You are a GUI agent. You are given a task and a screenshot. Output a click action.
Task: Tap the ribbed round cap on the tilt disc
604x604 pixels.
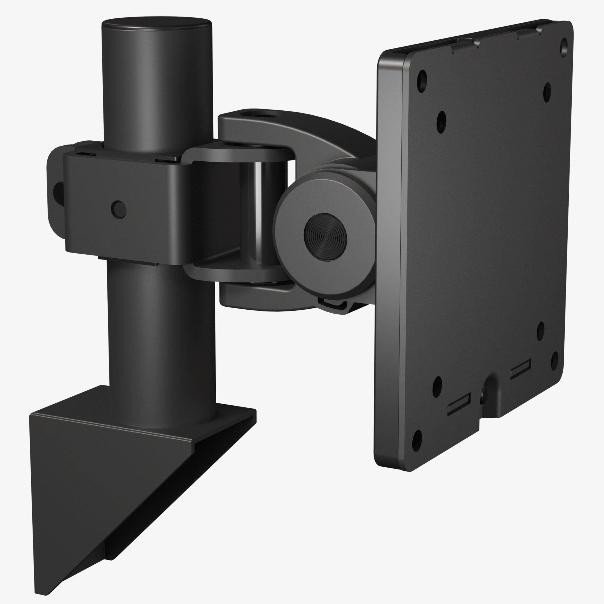click(x=325, y=237)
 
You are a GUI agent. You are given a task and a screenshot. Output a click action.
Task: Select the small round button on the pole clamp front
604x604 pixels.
click(x=118, y=210)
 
